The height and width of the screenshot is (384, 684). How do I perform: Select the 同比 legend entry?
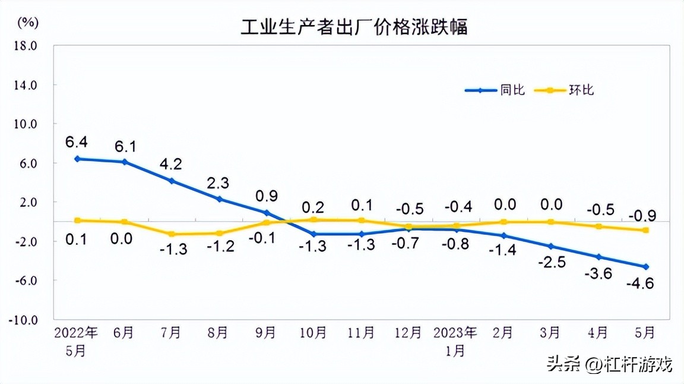tap(512, 90)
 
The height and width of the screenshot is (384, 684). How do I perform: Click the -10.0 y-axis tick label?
tap(24, 320)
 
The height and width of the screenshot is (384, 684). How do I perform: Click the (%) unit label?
tap(28, 23)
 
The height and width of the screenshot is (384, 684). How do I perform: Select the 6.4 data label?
tap(77, 141)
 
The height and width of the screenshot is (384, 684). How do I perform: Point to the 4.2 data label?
tap(171, 163)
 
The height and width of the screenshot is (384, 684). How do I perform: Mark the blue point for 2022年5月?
tap(77, 159)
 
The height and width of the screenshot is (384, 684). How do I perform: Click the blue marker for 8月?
tap(219, 199)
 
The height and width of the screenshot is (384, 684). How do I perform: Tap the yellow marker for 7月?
tap(172, 234)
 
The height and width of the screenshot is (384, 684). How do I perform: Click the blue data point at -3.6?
tap(598, 257)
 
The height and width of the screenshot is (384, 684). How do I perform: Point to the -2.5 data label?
tap(551, 263)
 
